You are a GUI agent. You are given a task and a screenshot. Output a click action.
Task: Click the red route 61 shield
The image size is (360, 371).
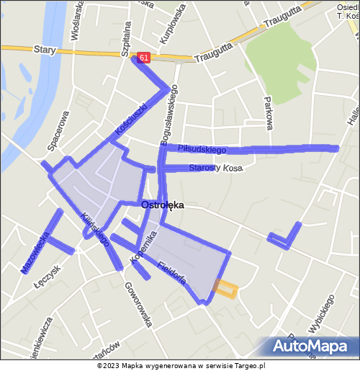(x=144, y=57)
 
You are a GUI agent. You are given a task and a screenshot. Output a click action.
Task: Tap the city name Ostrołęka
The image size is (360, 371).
(x=163, y=205)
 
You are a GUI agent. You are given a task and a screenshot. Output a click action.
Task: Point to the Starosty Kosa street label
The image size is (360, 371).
(x=216, y=168)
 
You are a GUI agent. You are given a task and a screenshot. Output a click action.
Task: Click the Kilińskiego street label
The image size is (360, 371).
(x=94, y=227)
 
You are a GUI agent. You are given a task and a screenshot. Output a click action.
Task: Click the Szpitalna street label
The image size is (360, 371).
(x=127, y=35)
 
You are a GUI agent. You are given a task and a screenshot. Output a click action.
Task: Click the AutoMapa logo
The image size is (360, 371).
(x=315, y=347)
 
